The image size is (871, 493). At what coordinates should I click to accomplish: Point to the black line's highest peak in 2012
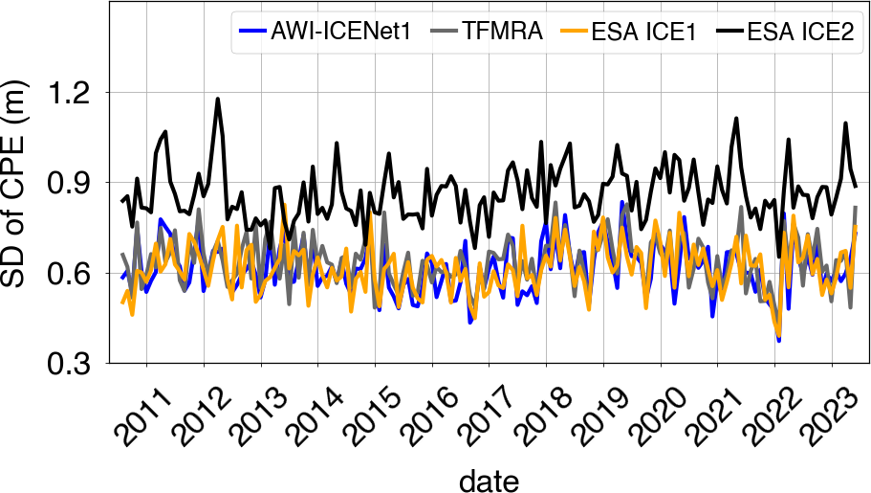click(x=218, y=99)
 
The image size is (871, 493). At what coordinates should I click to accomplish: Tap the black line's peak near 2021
click(x=736, y=119)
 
